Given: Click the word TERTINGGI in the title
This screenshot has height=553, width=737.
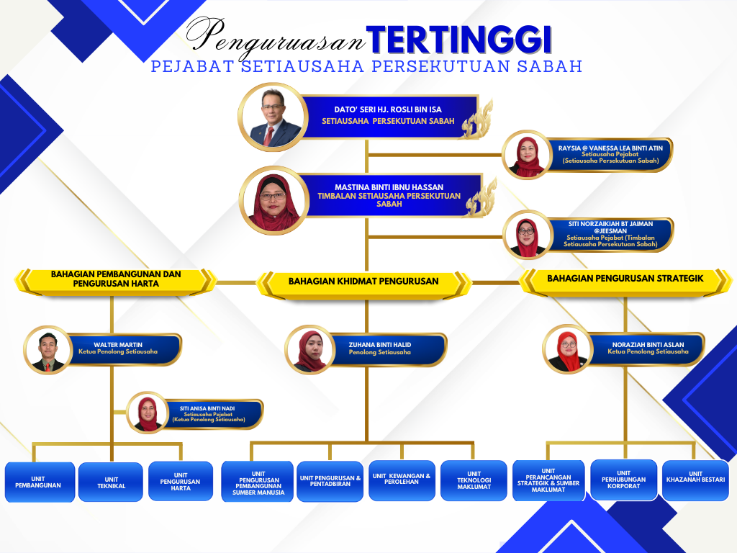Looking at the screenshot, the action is [458, 40].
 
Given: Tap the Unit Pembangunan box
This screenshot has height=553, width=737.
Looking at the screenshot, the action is [40, 482].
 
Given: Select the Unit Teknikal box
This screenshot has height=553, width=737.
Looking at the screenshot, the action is [111, 482].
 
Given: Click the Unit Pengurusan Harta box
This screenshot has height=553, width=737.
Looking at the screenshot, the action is [181, 481].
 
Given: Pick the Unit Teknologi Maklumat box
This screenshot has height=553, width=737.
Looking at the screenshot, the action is [474, 480].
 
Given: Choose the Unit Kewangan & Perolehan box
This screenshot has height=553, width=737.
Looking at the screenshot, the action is [402, 480].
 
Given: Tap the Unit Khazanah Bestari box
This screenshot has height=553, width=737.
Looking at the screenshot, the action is [696, 480].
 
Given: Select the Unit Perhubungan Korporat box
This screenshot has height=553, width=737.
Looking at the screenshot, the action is [624, 480].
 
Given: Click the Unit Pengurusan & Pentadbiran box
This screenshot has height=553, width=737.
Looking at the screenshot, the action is [330, 482].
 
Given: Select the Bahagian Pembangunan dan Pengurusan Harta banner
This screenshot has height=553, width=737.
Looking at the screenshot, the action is [116, 281].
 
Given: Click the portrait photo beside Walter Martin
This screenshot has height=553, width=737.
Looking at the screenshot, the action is [48, 351].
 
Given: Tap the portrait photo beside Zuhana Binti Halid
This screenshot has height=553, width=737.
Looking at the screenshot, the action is [309, 350].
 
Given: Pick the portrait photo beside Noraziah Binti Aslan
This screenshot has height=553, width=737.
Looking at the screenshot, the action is [567, 349].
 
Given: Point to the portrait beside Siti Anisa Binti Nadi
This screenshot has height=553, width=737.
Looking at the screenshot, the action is [148, 413].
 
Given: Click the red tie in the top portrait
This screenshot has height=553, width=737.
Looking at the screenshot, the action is [269, 136].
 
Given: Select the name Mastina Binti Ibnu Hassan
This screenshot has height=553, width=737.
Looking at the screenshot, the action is [389, 187].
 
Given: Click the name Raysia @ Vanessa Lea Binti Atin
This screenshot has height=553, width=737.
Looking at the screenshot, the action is [610, 148].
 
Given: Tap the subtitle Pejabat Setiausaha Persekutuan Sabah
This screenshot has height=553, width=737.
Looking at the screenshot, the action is [366, 66].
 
